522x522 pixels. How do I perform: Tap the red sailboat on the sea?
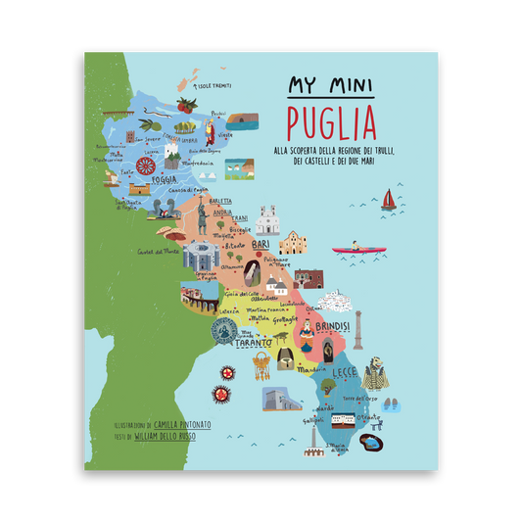pos(389,201)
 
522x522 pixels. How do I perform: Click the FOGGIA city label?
pos(162,179)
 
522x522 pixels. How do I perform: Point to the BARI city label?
pos(261,237)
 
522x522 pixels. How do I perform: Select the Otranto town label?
pos(369,417)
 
